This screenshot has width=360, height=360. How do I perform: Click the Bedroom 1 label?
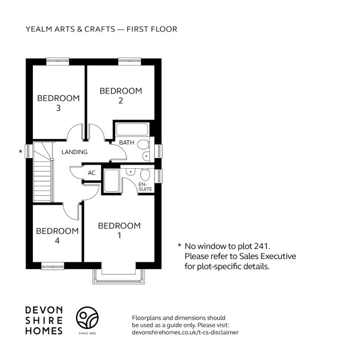coord(119,230)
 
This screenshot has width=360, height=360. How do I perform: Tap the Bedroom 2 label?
coord(121,96)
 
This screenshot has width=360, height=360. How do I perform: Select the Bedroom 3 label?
coord(58,103)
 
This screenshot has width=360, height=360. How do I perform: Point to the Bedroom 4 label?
coord(57,236)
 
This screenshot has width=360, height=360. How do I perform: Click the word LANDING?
coord(75,152)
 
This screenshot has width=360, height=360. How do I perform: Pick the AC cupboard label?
coord(91,172)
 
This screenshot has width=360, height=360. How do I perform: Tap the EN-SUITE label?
coord(145,187)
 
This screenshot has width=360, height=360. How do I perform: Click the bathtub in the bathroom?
coord(132,129)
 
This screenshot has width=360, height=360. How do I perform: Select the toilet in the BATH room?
coord(143,145)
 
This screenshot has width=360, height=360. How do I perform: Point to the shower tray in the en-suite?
coord(112,180)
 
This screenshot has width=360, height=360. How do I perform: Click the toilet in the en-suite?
coord(145,174)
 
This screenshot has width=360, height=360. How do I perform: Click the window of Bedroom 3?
coord(58,60)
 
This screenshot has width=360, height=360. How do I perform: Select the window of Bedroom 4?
coord(53,267)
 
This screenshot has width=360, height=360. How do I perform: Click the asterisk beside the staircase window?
coord(21,151)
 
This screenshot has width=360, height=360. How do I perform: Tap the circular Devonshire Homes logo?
coord(87,317)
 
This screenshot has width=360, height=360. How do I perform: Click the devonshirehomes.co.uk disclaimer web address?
coord(185,332)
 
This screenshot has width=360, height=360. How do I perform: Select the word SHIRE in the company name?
coord(44,321)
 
